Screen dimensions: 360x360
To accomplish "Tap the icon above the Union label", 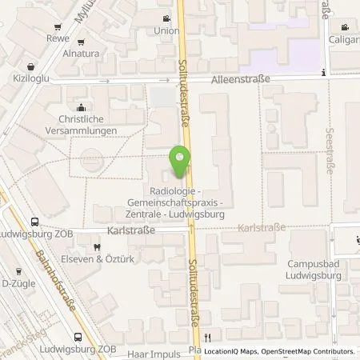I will pos(166,19).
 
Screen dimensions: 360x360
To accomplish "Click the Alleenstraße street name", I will pos(240,80).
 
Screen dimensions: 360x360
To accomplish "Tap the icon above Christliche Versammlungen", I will pos(80,108).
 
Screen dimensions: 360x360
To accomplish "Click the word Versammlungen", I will pos(81,130).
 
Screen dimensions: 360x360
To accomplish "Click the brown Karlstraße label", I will pos(262,228).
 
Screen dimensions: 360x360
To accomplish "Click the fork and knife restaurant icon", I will pos(207,337).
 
